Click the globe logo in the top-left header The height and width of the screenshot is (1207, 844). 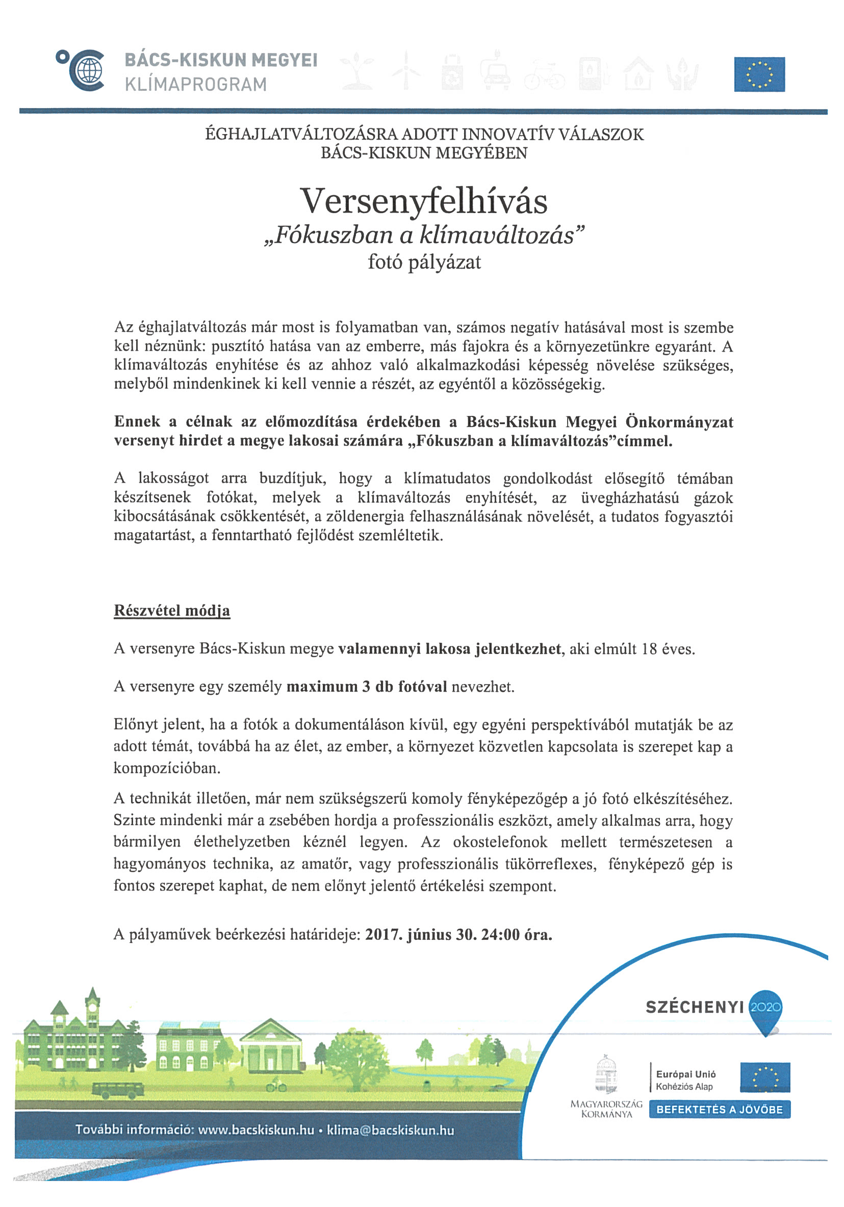[x=86, y=70]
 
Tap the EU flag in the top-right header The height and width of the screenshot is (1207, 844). [x=759, y=74]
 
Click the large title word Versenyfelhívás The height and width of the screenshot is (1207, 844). [x=423, y=201]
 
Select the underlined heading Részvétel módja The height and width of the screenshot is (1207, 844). [x=172, y=611]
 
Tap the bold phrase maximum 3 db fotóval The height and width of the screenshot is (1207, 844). [x=367, y=687]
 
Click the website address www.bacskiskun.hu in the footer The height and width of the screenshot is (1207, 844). [x=255, y=1130]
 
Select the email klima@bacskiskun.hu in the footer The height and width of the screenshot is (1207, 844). [x=390, y=1130]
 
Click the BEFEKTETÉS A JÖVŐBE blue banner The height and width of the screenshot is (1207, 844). [x=719, y=1109]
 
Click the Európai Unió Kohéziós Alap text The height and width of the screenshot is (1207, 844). [x=685, y=1080]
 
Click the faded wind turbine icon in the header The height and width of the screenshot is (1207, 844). [x=406, y=70]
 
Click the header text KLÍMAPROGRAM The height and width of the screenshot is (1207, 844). [x=196, y=85]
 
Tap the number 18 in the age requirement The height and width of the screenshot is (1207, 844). [x=648, y=649]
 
